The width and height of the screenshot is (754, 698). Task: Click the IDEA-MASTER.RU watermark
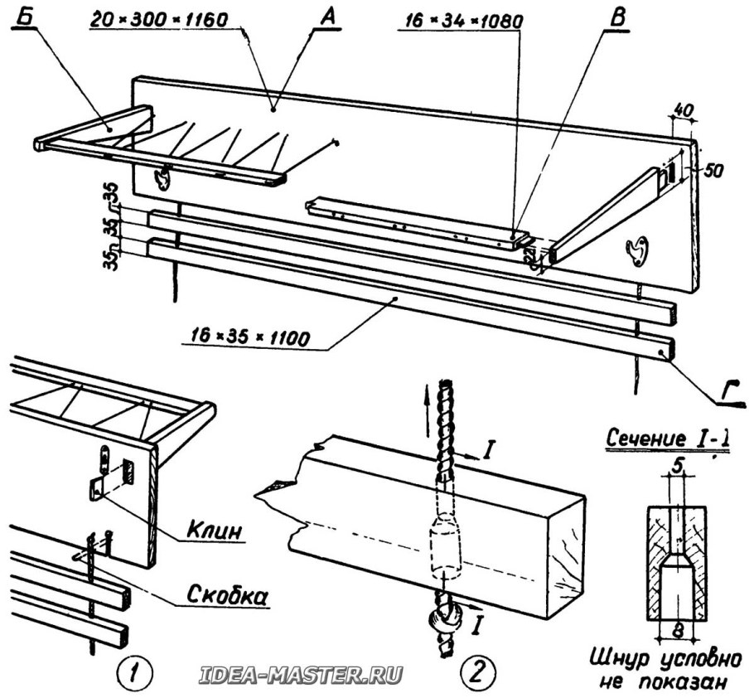(302, 675)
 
